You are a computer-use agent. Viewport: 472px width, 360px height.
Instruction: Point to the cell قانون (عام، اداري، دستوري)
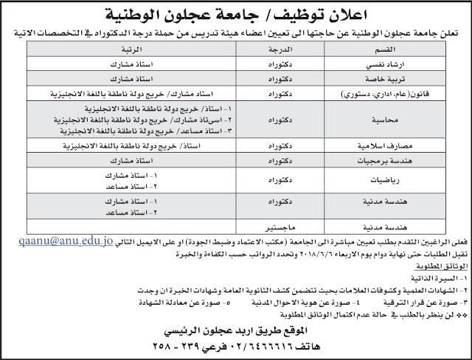398,94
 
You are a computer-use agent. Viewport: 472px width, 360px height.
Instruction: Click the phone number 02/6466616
248,345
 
